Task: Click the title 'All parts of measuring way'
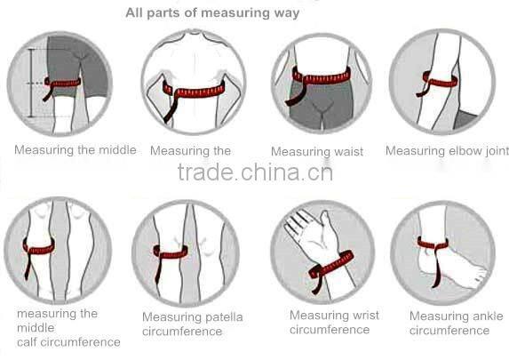pyautogui.click(x=212, y=13)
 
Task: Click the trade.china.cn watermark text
pyautogui.click(x=255, y=171)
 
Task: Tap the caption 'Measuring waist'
pyautogui.click(x=317, y=152)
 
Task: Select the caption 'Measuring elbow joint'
pyautogui.click(x=447, y=151)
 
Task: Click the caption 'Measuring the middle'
pyautogui.click(x=76, y=150)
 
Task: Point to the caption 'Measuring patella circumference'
pyautogui.click(x=192, y=324)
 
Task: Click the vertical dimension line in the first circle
pyautogui.click(x=30, y=84)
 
